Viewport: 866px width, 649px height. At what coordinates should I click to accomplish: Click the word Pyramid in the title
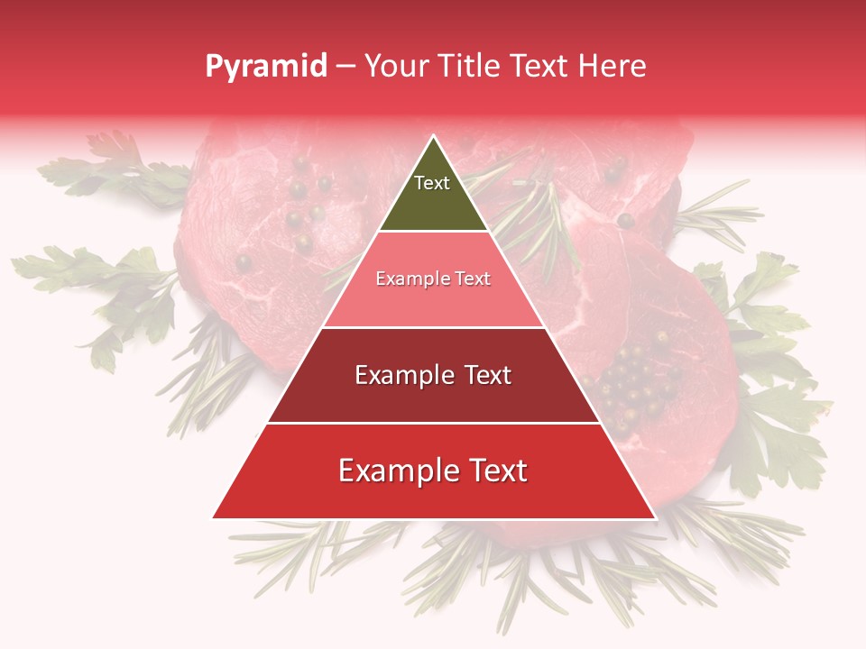pyautogui.click(x=266, y=67)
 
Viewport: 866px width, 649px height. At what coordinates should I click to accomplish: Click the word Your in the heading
pyautogui.click(x=398, y=67)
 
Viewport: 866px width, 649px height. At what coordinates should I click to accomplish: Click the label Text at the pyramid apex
pyautogui.click(x=432, y=183)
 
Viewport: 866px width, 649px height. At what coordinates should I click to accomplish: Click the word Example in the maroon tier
pyautogui.click(x=401, y=375)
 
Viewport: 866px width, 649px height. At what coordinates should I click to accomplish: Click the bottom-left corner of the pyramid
pyautogui.click(x=214, y=517)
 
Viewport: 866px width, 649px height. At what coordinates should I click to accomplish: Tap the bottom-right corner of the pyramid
pyautogui.click(x=654, y=517)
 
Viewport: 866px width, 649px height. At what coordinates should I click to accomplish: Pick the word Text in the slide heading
pyautogui.click(x=539, y=67)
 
